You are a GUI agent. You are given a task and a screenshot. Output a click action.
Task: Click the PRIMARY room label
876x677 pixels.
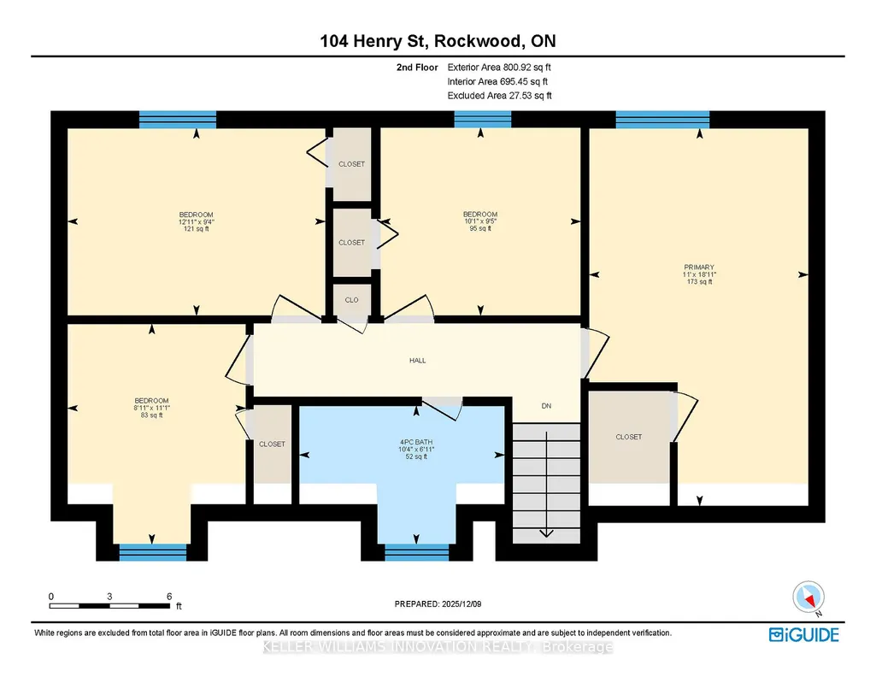coord(699,267)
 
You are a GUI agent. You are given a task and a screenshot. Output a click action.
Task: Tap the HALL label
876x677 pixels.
coord(417,361)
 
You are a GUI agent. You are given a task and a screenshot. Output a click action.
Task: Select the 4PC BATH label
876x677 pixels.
coord(416,442)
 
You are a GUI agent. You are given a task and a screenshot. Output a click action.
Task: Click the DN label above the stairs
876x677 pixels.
coord(546,406)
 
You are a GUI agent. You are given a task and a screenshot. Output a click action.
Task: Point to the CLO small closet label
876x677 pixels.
coord(351,300)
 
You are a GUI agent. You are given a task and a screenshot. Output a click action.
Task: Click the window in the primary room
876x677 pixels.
coord(662,120)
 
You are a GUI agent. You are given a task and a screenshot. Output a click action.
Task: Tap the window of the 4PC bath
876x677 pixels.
coord(417,552)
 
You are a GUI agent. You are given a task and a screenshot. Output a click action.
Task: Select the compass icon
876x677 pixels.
coord(808,598)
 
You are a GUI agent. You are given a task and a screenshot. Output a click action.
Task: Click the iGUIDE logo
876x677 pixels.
coord(804,635)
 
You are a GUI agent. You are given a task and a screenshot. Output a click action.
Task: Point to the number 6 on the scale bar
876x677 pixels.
coord(169,597)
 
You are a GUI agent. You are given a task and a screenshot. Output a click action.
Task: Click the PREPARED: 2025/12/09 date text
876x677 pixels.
coord(438,603)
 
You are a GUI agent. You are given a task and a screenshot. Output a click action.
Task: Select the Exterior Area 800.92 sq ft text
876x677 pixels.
coord(499,67)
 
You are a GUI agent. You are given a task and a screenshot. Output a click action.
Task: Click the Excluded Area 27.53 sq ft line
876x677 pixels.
coord(499,96)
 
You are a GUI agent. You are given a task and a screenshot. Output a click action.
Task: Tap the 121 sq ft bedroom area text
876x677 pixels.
coord(196,228)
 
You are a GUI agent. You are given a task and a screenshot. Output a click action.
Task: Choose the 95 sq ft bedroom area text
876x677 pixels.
coord(480,228)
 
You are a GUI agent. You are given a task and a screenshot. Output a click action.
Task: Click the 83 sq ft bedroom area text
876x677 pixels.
coord(151,415)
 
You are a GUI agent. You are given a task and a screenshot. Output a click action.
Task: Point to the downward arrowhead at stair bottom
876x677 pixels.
coord(546,533)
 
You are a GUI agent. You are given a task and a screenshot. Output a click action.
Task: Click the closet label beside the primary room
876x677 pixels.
coord(628,437)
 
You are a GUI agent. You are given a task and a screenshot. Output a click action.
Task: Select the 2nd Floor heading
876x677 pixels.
coord(417,67)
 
